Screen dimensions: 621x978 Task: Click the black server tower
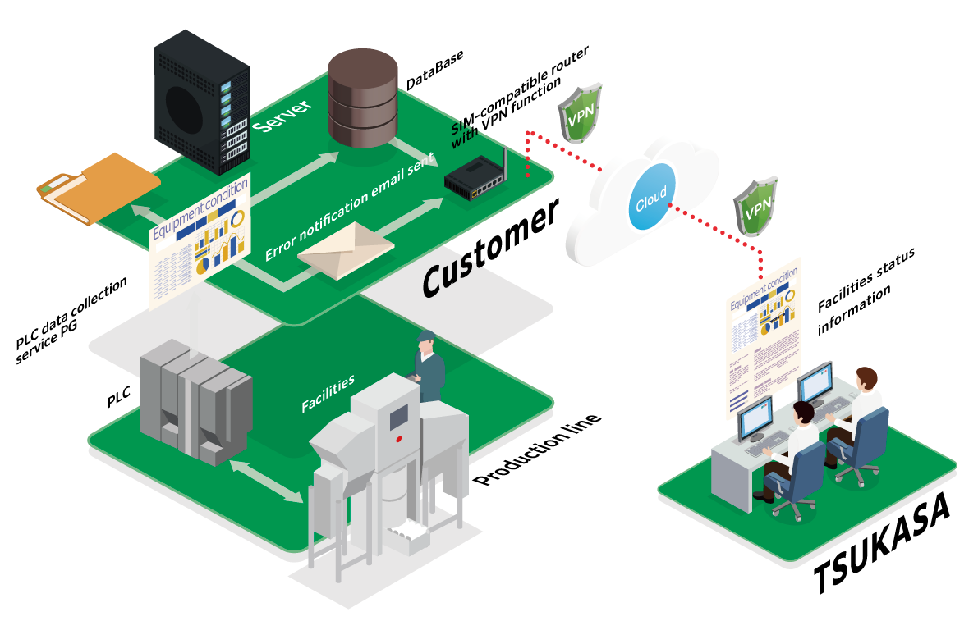click(201, 103)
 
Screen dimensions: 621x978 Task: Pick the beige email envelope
click(346, 249)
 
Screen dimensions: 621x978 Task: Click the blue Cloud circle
click(652, 197)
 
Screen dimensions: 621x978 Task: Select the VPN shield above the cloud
click(581, 112)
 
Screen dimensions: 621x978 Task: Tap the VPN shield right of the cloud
click(755, 206)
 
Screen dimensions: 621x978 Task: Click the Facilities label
click(328, 393)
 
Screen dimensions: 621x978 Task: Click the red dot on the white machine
click(399, 440)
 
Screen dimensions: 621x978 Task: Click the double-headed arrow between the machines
click(265, 481)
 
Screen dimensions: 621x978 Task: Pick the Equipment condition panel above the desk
click(764, 336)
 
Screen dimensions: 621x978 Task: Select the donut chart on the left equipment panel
click(238, 219)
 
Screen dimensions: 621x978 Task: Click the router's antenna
click(503, 163)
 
